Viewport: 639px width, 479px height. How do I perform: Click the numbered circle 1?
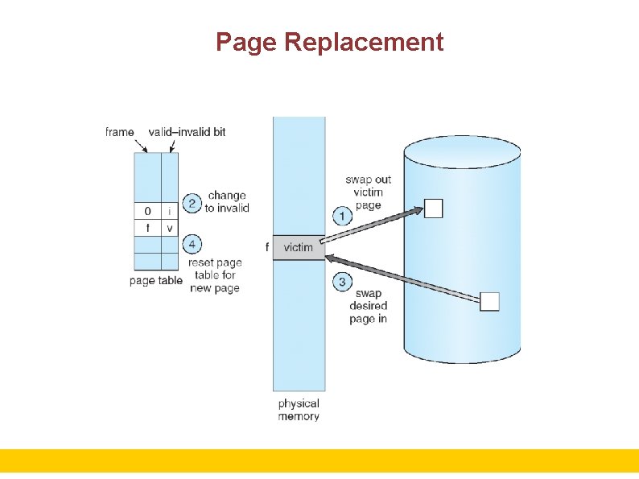tap(342, 216)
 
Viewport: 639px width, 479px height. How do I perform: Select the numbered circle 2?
tap(192, 203)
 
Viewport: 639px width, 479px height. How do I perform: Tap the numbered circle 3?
tap(342, 282)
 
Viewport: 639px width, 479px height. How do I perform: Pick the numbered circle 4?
tap(192, 244)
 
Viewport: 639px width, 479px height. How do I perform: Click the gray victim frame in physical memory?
tap(299, 247)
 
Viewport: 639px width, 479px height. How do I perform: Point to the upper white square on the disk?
tap(433, 209)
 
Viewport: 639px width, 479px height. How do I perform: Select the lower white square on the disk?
tap(489, 301)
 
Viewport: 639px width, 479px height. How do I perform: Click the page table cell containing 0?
tap(147, 212)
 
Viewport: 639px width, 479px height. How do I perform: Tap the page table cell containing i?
tap(170, 212)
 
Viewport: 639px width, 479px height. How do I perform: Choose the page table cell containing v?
tap(170, 229)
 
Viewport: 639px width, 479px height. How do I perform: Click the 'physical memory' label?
tap(299, 410)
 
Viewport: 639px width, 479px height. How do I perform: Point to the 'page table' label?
tap(155, 281)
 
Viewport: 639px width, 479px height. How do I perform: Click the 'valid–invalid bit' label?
tap(187, 132)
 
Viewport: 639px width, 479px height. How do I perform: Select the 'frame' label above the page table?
tap(120, 132)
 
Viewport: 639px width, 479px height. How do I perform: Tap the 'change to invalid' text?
tap(227, 201)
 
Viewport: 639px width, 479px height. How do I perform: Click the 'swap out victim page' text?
tap(368, 192)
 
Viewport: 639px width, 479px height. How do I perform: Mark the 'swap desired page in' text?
tap(368, 306)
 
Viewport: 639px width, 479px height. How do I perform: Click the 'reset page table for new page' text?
tap(215, 275)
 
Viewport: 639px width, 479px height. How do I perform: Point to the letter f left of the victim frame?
tap(266, 247)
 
